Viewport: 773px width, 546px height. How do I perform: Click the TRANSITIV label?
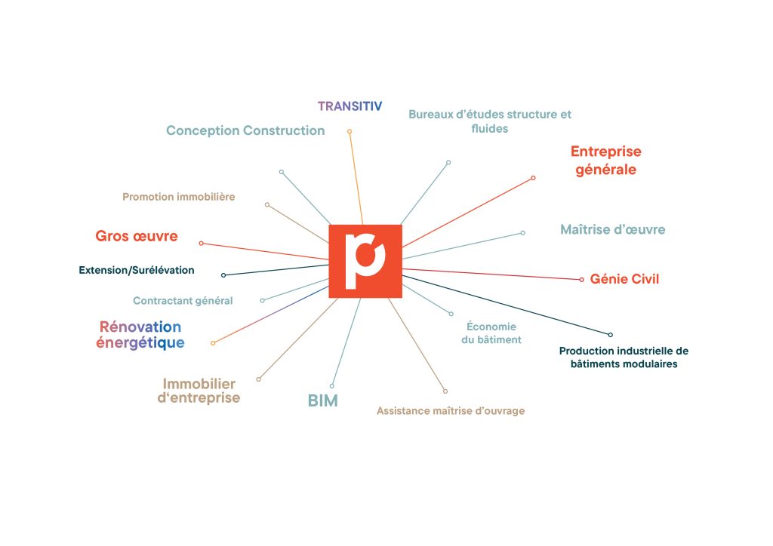(x=350, y=106)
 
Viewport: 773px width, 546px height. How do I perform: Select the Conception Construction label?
(x=245, y=130)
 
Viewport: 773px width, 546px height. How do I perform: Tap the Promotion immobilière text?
(x=178, y=197)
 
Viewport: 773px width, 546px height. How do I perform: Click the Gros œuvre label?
(x=137, y=236)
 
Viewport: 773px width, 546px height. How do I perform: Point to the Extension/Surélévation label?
(x=137, y=270)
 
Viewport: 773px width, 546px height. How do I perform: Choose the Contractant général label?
(x=183, y=301)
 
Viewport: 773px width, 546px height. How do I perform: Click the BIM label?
(x=323, y=400)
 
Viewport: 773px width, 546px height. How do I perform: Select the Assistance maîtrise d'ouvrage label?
(x=451, y=410)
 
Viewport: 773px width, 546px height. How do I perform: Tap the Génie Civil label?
(x=624, y=279)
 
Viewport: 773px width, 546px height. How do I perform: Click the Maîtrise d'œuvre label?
(x=613, y=229)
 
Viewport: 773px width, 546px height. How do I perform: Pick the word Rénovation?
(x=140, y=327)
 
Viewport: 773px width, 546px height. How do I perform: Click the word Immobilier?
(x=199, y=384)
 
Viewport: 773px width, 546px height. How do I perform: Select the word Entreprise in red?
(x=606, y=151)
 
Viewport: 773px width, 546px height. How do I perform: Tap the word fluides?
(x=489, y=128)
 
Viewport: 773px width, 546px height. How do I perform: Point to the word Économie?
(x=491, y=327)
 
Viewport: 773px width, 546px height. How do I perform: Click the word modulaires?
(x=648, y=363)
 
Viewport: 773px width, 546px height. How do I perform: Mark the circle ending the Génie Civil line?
(x=582, y=280)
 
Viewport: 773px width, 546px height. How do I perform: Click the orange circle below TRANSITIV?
(x=350, y=131)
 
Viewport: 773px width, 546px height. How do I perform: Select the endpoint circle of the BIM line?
(x=332, y=386)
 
